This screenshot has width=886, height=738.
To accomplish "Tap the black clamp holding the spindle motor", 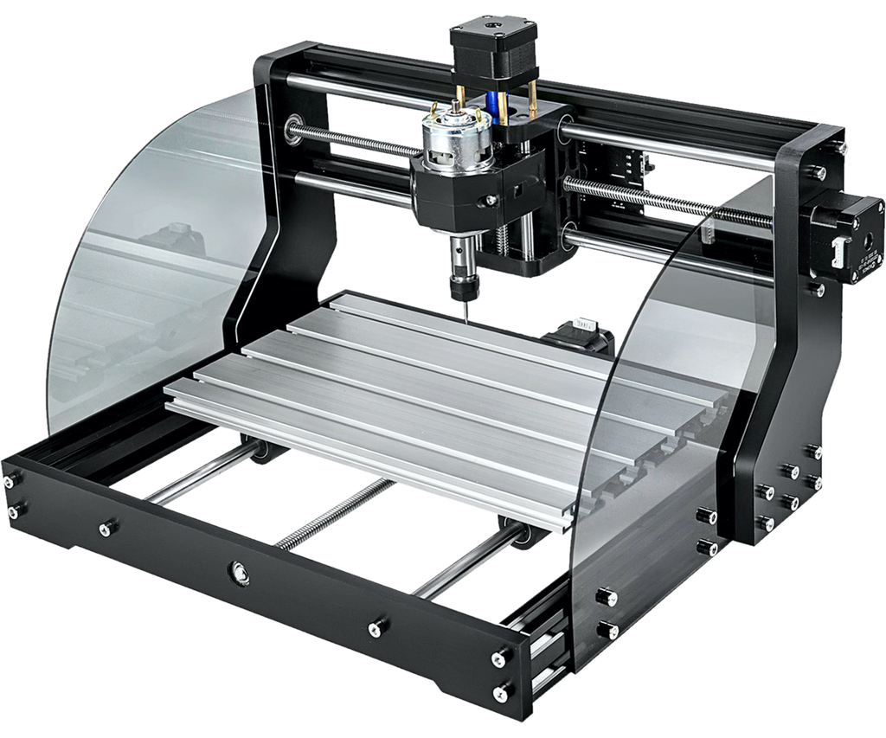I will point(450,195).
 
